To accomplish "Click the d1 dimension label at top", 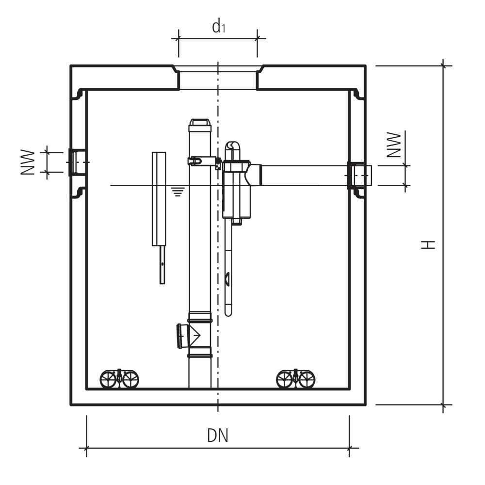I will (x=219, y=27).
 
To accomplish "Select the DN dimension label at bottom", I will (x=218, y=436).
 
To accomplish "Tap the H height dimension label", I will (x=427, y=244).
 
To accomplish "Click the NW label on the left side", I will (x=28, y=162).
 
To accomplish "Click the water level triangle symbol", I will (x=178, y=192).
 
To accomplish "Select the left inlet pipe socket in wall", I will (x=78, y=162).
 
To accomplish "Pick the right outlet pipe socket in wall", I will (x=359, y=176).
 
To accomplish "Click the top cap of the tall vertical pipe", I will (x=200, y=123).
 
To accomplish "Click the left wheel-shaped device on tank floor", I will (x=119, y=379).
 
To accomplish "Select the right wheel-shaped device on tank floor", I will (x=295, y=379).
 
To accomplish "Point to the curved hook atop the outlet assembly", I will (x=233, y=145).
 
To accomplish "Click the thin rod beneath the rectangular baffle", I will (x=162, y=264).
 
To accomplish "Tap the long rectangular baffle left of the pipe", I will (x=159, y=199).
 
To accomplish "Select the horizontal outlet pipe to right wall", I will (x=303, y=175).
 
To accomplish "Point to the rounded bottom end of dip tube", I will (x=228, y=313).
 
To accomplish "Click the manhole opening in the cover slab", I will (x=218, y=78).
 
